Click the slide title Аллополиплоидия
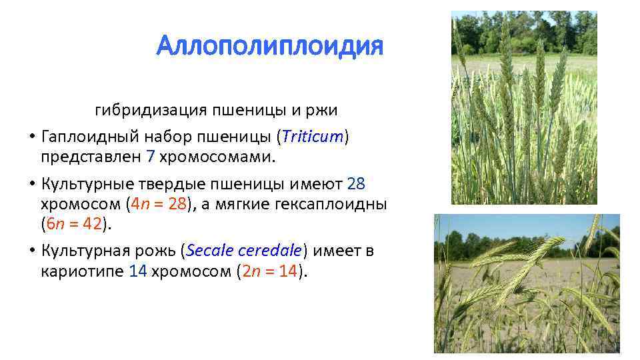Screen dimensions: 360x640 pyautogui.click(x=270, y=47)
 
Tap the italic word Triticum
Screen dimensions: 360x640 pyautogui.click(x=313, y=137)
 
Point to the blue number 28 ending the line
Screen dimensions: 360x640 pyautogui.click(x=357, y=183)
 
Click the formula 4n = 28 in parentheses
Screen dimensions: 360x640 pyautogui.click(x=159, y=204)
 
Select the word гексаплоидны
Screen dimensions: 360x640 pyautogui.click(x=333, y=204)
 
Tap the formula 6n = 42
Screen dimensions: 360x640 pyautogui.click(x=73, y=225)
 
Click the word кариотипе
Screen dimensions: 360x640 pyautogui.click(x=81, y=271)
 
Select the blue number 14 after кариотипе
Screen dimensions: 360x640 pyautogui.click(x=138, y=271)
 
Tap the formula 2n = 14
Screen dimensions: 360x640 pyautogui.click(x=269, y=271)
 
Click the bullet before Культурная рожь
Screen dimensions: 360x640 pyautogui.click(x=31, y=251)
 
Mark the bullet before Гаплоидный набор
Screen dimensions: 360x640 pyautogui.click(x=31, y=137)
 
